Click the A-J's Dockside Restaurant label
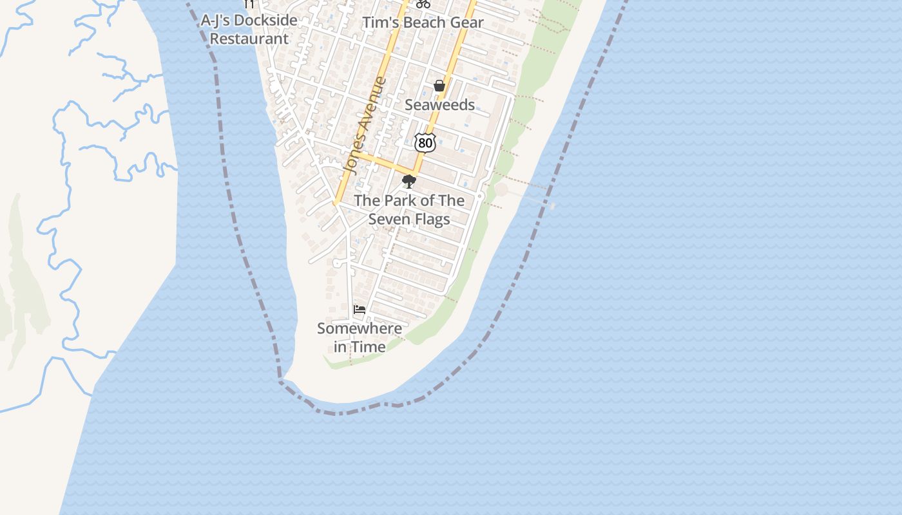249,30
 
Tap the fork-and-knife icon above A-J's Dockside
249,4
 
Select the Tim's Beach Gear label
423,23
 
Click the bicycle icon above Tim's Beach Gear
423,3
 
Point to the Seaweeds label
439,105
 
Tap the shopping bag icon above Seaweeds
439,86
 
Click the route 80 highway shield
425,142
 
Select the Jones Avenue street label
365,126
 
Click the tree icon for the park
408,182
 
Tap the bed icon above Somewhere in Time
360,310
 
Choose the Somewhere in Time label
360,337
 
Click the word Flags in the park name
432,220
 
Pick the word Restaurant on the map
249,39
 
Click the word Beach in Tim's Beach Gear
423,23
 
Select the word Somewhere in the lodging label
360,328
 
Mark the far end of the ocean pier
552,205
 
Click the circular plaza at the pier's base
501,190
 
